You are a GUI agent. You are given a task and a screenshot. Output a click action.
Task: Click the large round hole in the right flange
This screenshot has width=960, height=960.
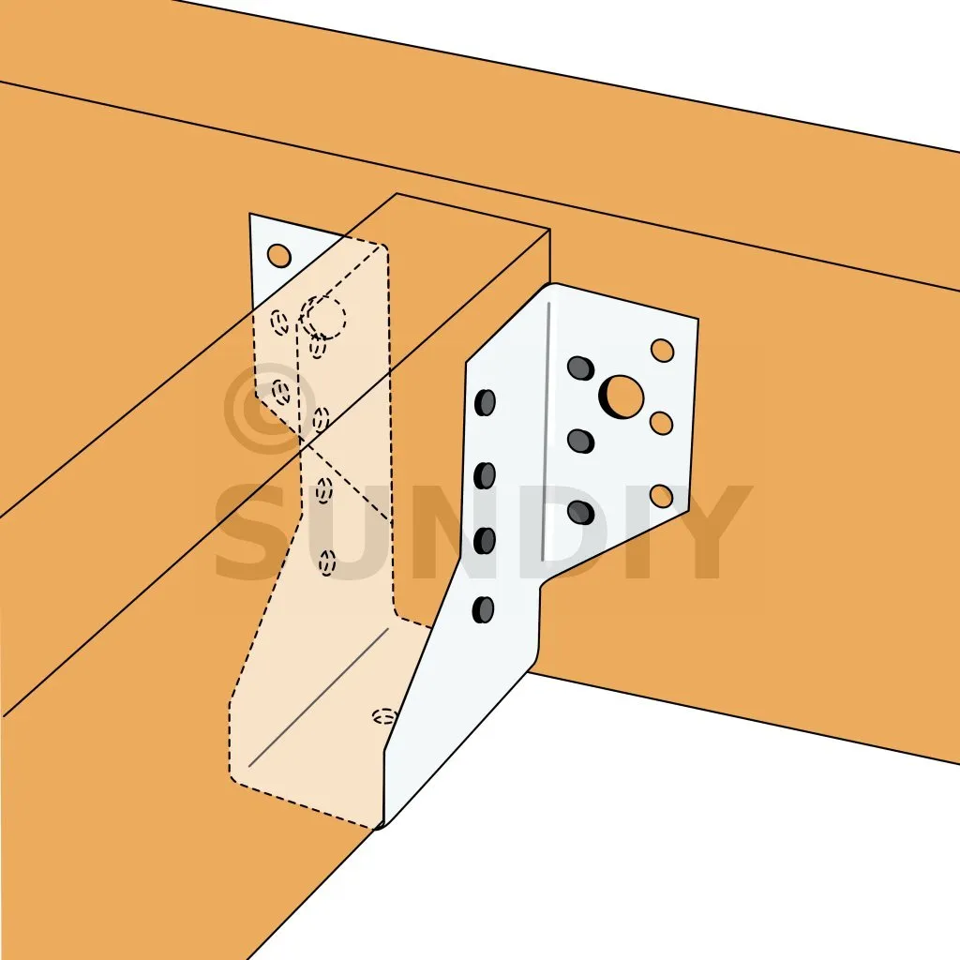[x=622, y=397]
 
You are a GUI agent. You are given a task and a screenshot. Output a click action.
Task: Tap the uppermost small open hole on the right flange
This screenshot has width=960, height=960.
[x=663, y=351]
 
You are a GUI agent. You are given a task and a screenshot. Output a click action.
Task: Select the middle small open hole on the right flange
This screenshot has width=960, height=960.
[x=661, y=423]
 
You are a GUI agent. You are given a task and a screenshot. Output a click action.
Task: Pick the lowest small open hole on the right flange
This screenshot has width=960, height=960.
[x=661, y=496]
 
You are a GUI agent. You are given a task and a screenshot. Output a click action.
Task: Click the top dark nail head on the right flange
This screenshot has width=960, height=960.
[x=580, y=367]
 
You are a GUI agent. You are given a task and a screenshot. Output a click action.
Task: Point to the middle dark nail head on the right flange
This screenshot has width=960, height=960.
[x=580, y=441]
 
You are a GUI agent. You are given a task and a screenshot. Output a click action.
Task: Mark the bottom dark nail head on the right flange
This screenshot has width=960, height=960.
[x=580, y=513]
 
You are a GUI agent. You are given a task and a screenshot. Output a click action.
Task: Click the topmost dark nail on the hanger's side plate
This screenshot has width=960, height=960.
[x=485, y=402]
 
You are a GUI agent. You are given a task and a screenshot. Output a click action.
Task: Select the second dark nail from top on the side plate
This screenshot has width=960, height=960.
[x=485, y=475]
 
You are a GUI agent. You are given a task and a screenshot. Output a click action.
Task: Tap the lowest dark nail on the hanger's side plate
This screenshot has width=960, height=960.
[x=483, y=609]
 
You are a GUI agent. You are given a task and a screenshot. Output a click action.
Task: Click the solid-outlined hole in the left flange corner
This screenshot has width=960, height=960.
[x=279, y=255]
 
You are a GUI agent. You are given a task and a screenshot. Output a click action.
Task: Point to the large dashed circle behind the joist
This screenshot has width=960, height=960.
[x=325, y=318]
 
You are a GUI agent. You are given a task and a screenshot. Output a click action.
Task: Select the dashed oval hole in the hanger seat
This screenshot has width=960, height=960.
[x=385, y=715]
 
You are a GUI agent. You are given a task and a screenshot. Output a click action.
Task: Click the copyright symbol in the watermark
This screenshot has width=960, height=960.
[x=267, y=408]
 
